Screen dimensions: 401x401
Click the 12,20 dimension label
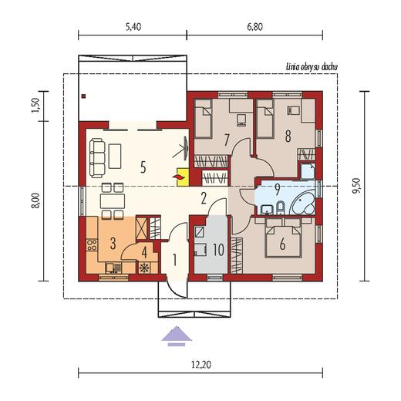201,364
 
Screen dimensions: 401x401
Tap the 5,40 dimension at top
133,27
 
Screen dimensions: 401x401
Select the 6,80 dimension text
255,27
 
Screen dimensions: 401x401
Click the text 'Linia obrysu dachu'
312,67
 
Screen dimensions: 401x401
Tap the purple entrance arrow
177,336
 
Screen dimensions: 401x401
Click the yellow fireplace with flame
183,177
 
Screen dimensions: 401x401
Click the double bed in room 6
283,238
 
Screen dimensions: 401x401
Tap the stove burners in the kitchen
92,244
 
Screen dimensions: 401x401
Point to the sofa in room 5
97,158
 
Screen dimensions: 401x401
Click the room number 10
218,250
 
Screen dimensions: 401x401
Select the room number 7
226,140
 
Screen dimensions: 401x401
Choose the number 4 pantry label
145,252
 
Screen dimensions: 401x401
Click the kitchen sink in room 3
113,268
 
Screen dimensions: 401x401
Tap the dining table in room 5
113,201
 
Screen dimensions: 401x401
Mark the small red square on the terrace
83,96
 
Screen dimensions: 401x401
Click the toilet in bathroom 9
281,207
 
